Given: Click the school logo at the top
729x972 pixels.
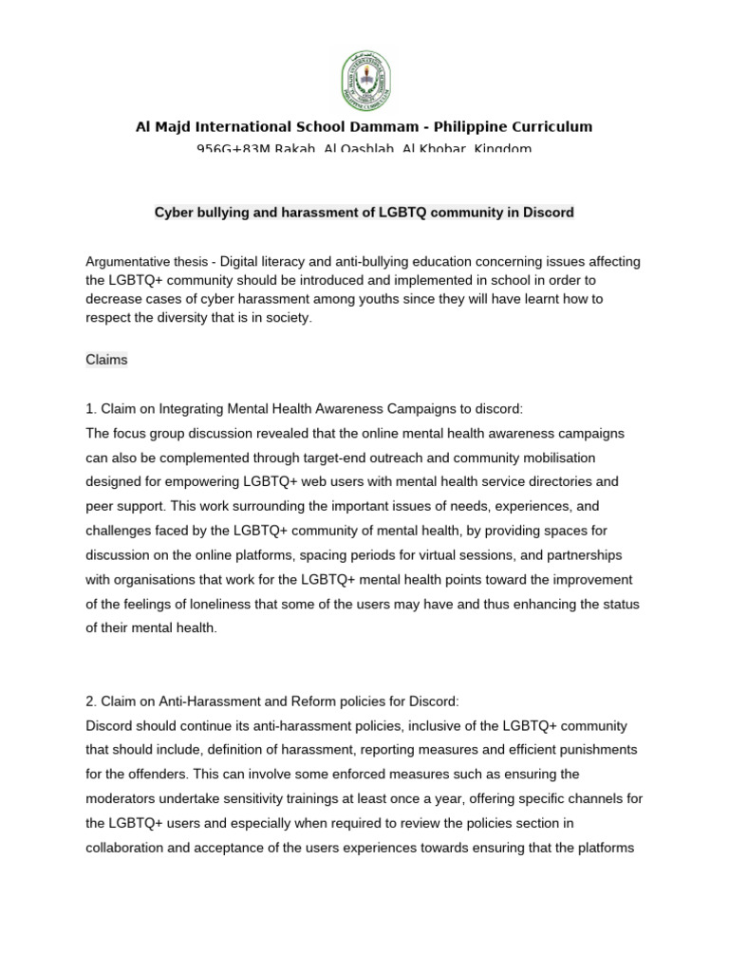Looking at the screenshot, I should [364, 78].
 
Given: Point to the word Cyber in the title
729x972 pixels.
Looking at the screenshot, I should [173, 213].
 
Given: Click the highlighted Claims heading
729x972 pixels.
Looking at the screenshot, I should [106, 360].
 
